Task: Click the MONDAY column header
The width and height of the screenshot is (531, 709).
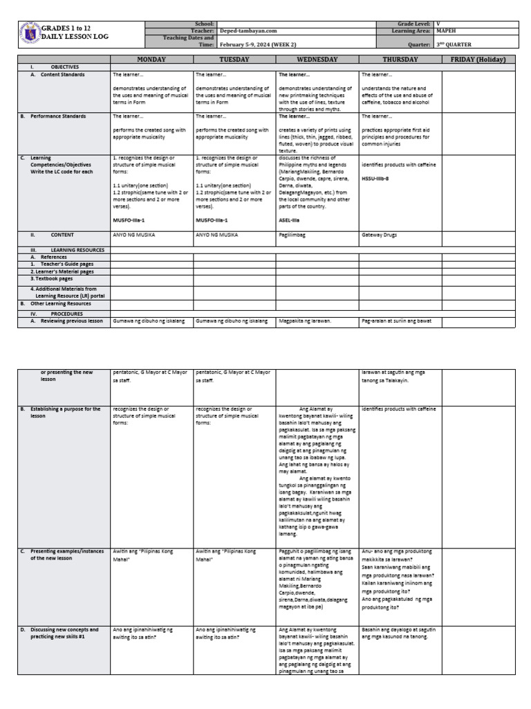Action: (x=151, y=60)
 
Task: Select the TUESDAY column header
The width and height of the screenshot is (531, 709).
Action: (x=234, y=60)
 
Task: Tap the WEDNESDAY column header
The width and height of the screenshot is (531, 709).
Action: (x=317, y=60)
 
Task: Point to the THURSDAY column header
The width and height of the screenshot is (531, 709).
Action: (x=400, y=60)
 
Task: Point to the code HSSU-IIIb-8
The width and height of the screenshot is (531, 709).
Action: (x=379, y=179)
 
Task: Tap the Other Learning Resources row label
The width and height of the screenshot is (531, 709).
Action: (x=60, y=303)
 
